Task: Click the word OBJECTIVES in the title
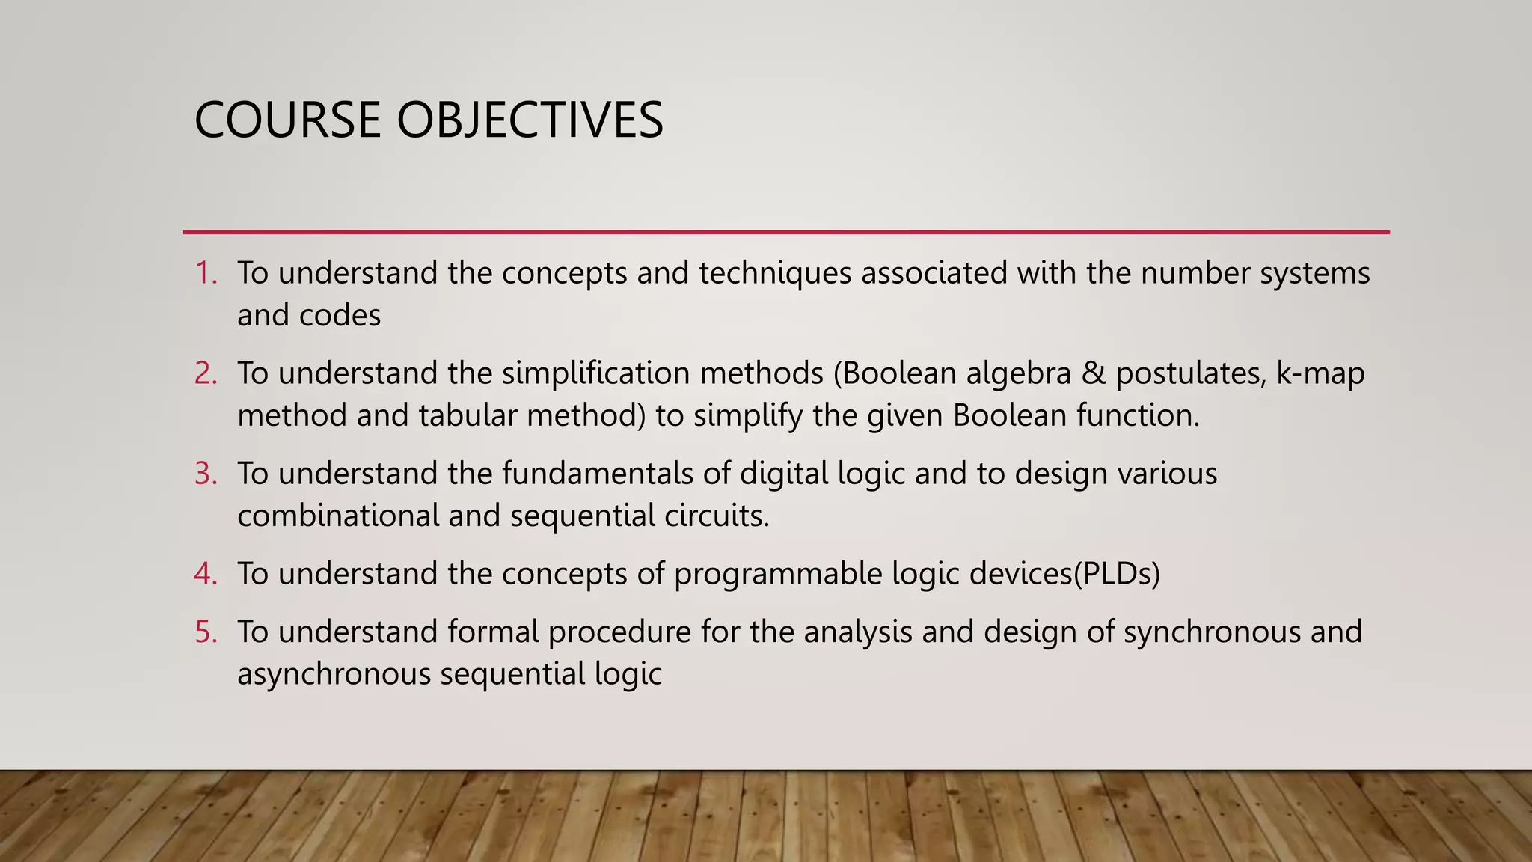pyautogui.click(x=530, y=120)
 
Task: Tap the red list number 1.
pyautogui.click(x=206, y=273)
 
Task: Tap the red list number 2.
pyautogui.click(x=206, y=373)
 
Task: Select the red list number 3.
pyautogui.click(x=206, y=474)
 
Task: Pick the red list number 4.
pyautogui.click(x=206, y=574)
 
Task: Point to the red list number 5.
pyautogui.click(x=206, y=632)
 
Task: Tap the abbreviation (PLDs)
pyautogui.click(x=1117, y=574)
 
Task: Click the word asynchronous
pyautogui.click(x=334, y=674)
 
